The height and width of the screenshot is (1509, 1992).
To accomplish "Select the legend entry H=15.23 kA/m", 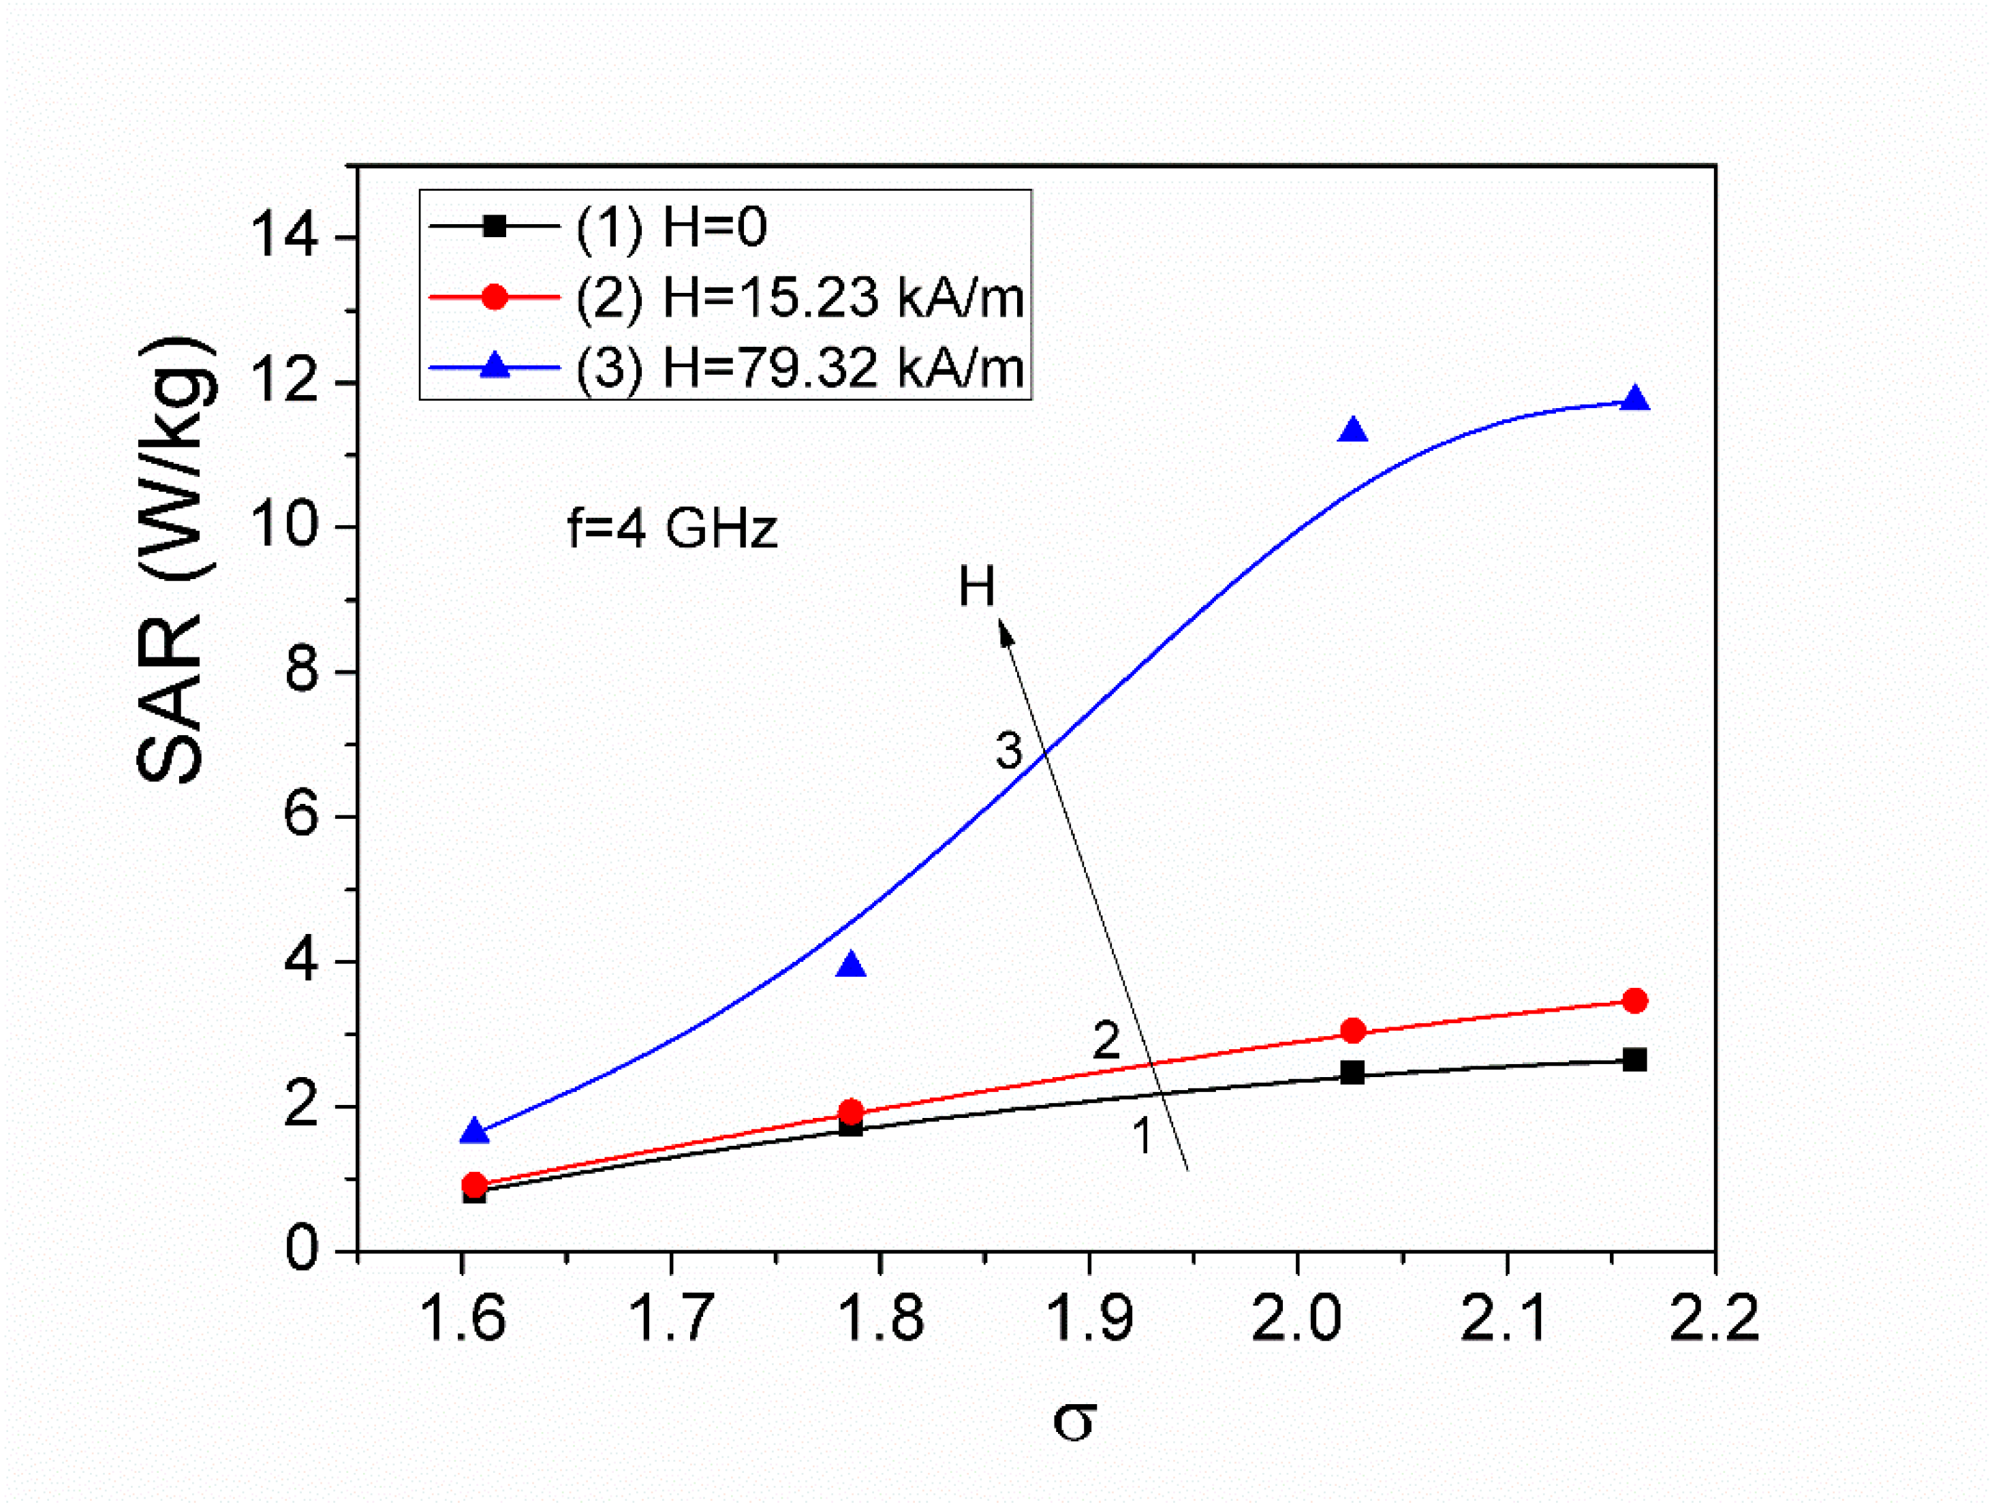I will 799,296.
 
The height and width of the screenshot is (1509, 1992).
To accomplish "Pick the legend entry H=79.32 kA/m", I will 799,367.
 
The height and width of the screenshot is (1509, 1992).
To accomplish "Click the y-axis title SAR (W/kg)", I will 176,560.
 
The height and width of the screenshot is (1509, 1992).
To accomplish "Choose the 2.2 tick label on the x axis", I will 1713,1319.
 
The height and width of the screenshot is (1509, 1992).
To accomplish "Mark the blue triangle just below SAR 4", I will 851,966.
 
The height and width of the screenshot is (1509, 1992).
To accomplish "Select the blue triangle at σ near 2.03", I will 1352,431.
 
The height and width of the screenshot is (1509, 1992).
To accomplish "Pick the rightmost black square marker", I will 1634,1060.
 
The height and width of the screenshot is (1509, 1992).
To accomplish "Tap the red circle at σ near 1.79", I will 851,1111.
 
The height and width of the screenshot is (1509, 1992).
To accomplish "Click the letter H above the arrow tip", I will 976,587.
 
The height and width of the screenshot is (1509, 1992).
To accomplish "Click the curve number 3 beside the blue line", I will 1009,750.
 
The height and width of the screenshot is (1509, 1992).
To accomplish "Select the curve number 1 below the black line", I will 1142,1136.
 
